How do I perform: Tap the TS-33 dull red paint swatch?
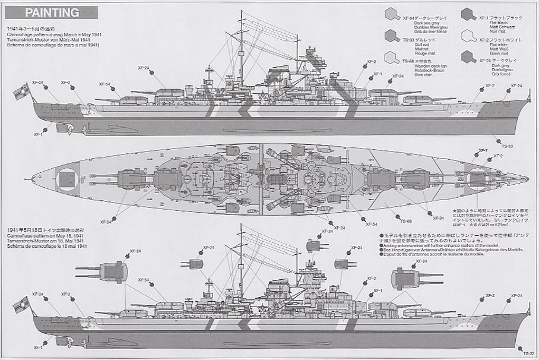392,36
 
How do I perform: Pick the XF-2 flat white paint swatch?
469,36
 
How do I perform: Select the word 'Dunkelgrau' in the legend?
502,70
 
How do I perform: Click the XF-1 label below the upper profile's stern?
37,134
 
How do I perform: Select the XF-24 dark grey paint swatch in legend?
469,58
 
